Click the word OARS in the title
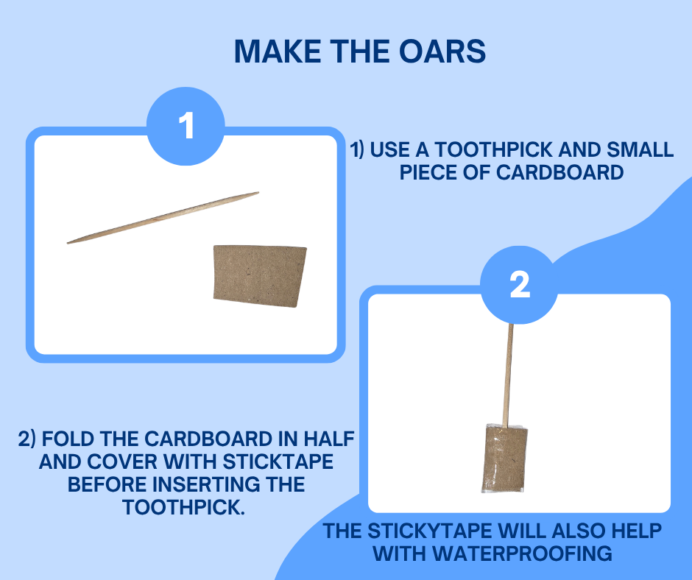442,52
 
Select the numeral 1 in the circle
186,125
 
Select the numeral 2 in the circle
520,284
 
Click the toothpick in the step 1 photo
163,218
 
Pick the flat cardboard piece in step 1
259,276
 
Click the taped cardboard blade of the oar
504,459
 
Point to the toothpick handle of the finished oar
508,375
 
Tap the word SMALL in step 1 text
640,150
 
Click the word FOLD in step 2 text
69,439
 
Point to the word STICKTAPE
278,462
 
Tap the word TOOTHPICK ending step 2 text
183,508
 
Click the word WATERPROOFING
522,554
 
